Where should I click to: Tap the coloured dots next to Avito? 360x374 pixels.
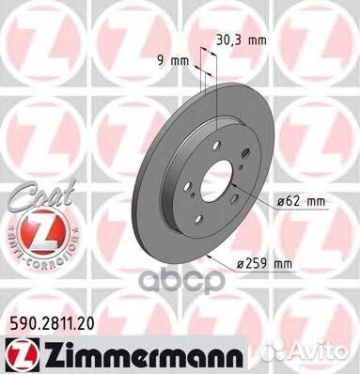tap(288, 354)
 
